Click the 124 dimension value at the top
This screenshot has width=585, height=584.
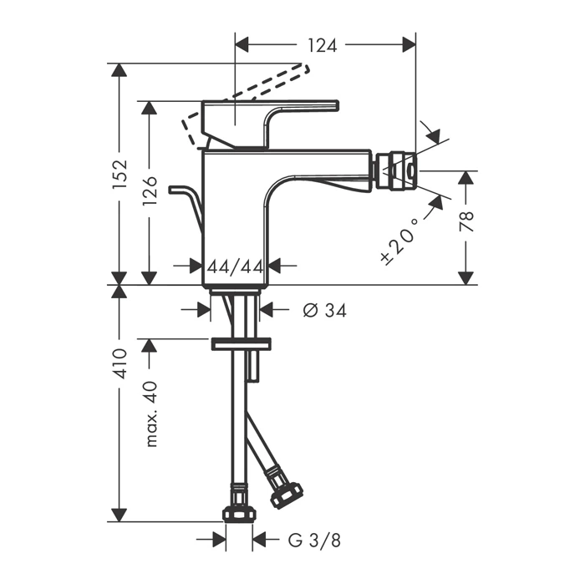pyautogui.click(x=323, y=45)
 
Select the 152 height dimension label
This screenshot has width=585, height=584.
pyautogui.click(x=120, y=175)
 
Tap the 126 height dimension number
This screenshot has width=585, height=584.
pyautogui.click(x=150, y=190)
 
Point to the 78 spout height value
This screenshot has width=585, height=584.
pyautogui.click(x=466, y=221)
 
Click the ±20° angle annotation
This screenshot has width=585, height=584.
pyautogui.click(x=399, y=241)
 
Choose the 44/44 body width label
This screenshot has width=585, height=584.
pyautogui.click(x=236, y=267)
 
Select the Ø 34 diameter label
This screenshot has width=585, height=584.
pyautogui.click(x=324, y=310)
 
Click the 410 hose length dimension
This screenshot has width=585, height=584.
pyautogui.click(x=120, y=363)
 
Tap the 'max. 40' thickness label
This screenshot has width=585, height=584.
pyautogui.click(x=151, y=414)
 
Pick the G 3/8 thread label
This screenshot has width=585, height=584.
pyautogui.click(x=314, y=540)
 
